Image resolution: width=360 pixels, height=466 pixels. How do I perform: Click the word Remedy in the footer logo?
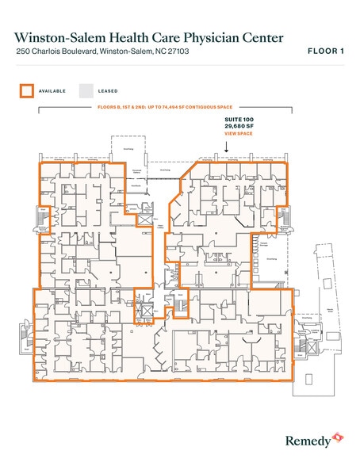click(x=306, y=438)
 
